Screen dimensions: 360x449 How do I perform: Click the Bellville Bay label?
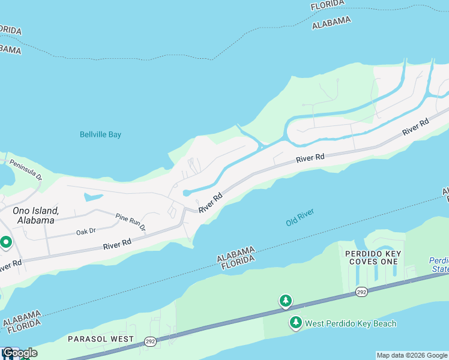(100, 134)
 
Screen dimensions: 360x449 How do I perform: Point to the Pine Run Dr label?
(130, 221)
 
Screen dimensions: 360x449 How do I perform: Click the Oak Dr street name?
(86, 232)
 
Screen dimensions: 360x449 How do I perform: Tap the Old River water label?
(300, 217)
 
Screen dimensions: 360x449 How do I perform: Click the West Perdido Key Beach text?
(351, 323)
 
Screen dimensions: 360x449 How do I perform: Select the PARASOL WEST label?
(101, 339)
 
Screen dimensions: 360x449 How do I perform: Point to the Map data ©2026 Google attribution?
(412, 355)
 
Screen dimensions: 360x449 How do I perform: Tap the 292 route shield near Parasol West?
(149, 342)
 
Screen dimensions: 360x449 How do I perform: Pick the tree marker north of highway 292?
(286, 301)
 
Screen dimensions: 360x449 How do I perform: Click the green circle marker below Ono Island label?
(6, 243)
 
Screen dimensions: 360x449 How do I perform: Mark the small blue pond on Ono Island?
(93, 197)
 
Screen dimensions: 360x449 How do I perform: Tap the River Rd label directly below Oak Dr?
(117, 245)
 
